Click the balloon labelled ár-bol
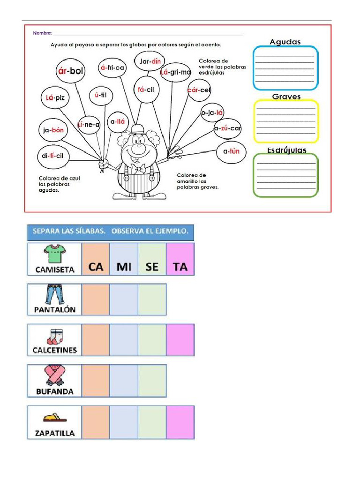pos(70,71)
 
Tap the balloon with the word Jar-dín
pos(150,61)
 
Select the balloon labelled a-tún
pos(231,151)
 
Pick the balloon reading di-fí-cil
pos(53,156)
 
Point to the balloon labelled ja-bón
pos(53,130)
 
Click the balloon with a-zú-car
pos(227,128)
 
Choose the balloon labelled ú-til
pos(101,95)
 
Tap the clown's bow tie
pos(138,169)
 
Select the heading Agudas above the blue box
pos(285,42)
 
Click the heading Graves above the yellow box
pos(286,97)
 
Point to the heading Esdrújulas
pos(286,150)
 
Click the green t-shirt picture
pos(54,254)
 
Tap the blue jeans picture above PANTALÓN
pos(54,294)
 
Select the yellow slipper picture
pos(55,418)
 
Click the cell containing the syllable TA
pos(180,259)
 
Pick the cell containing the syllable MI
pos(124,259)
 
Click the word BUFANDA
pos(55,391)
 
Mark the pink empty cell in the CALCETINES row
pos(180,340)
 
